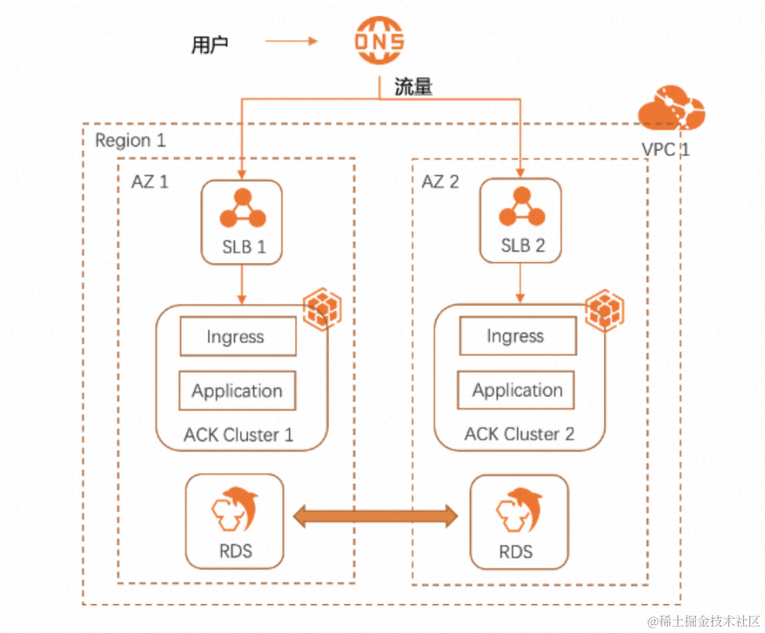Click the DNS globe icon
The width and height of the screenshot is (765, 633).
pos(380,40)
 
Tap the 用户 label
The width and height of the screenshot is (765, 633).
pos(210,45)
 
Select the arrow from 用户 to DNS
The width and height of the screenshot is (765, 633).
pos(291,41)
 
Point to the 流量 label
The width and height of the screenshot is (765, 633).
pos(413,87)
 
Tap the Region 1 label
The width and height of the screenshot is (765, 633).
pos(130,140)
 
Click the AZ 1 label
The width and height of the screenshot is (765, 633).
pos(149,181)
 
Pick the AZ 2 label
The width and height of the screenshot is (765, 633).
pos(440,182)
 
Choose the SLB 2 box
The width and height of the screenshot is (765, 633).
pos(521,222)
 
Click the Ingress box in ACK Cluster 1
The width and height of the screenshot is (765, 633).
pos(237,336)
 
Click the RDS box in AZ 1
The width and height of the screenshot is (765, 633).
pos(234,522)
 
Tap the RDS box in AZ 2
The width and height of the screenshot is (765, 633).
pos(519,522)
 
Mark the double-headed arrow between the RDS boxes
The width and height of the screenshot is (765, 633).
pos(376,515)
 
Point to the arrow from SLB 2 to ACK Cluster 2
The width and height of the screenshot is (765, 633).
pos(521,284)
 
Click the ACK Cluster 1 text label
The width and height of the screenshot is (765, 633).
pos(239,434)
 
